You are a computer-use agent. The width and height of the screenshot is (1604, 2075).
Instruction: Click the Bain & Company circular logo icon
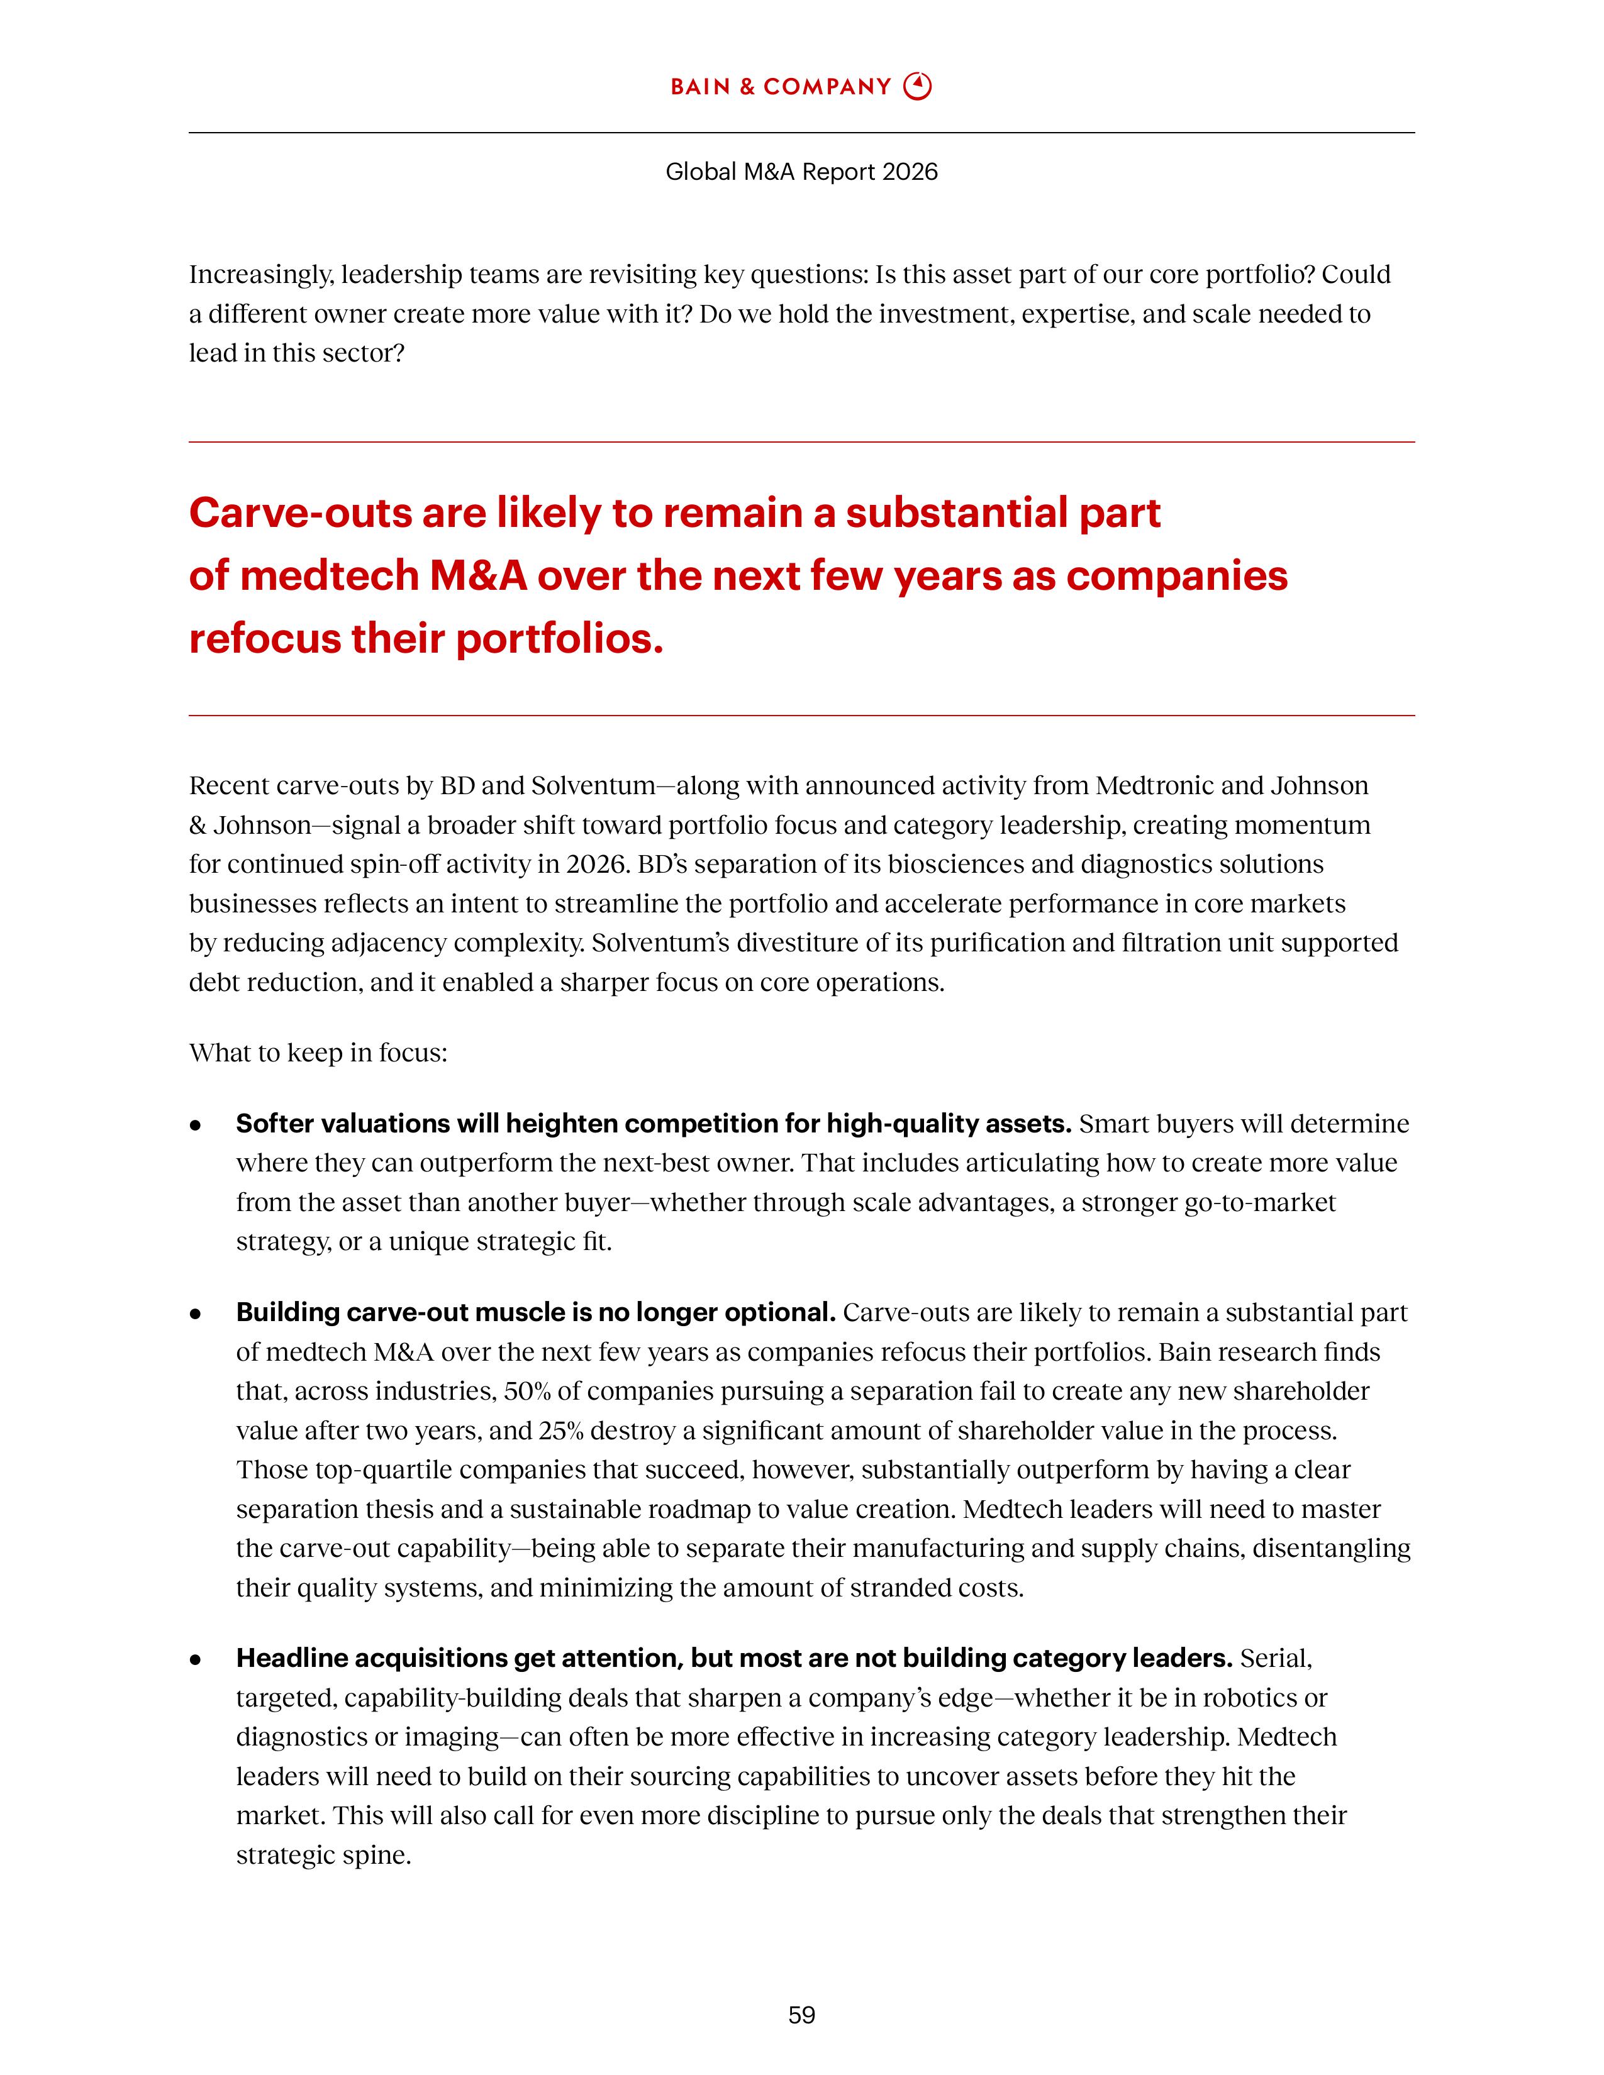tap(917, 87)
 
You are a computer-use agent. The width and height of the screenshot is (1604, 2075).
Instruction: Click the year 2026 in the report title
tap(910, 172)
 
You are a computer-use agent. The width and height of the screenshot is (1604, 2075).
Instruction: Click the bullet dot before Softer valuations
tap(196, 1125)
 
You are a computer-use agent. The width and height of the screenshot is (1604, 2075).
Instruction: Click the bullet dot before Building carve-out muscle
tap(196, 1314)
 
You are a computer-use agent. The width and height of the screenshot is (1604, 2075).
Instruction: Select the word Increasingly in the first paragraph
tap(261, 275)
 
